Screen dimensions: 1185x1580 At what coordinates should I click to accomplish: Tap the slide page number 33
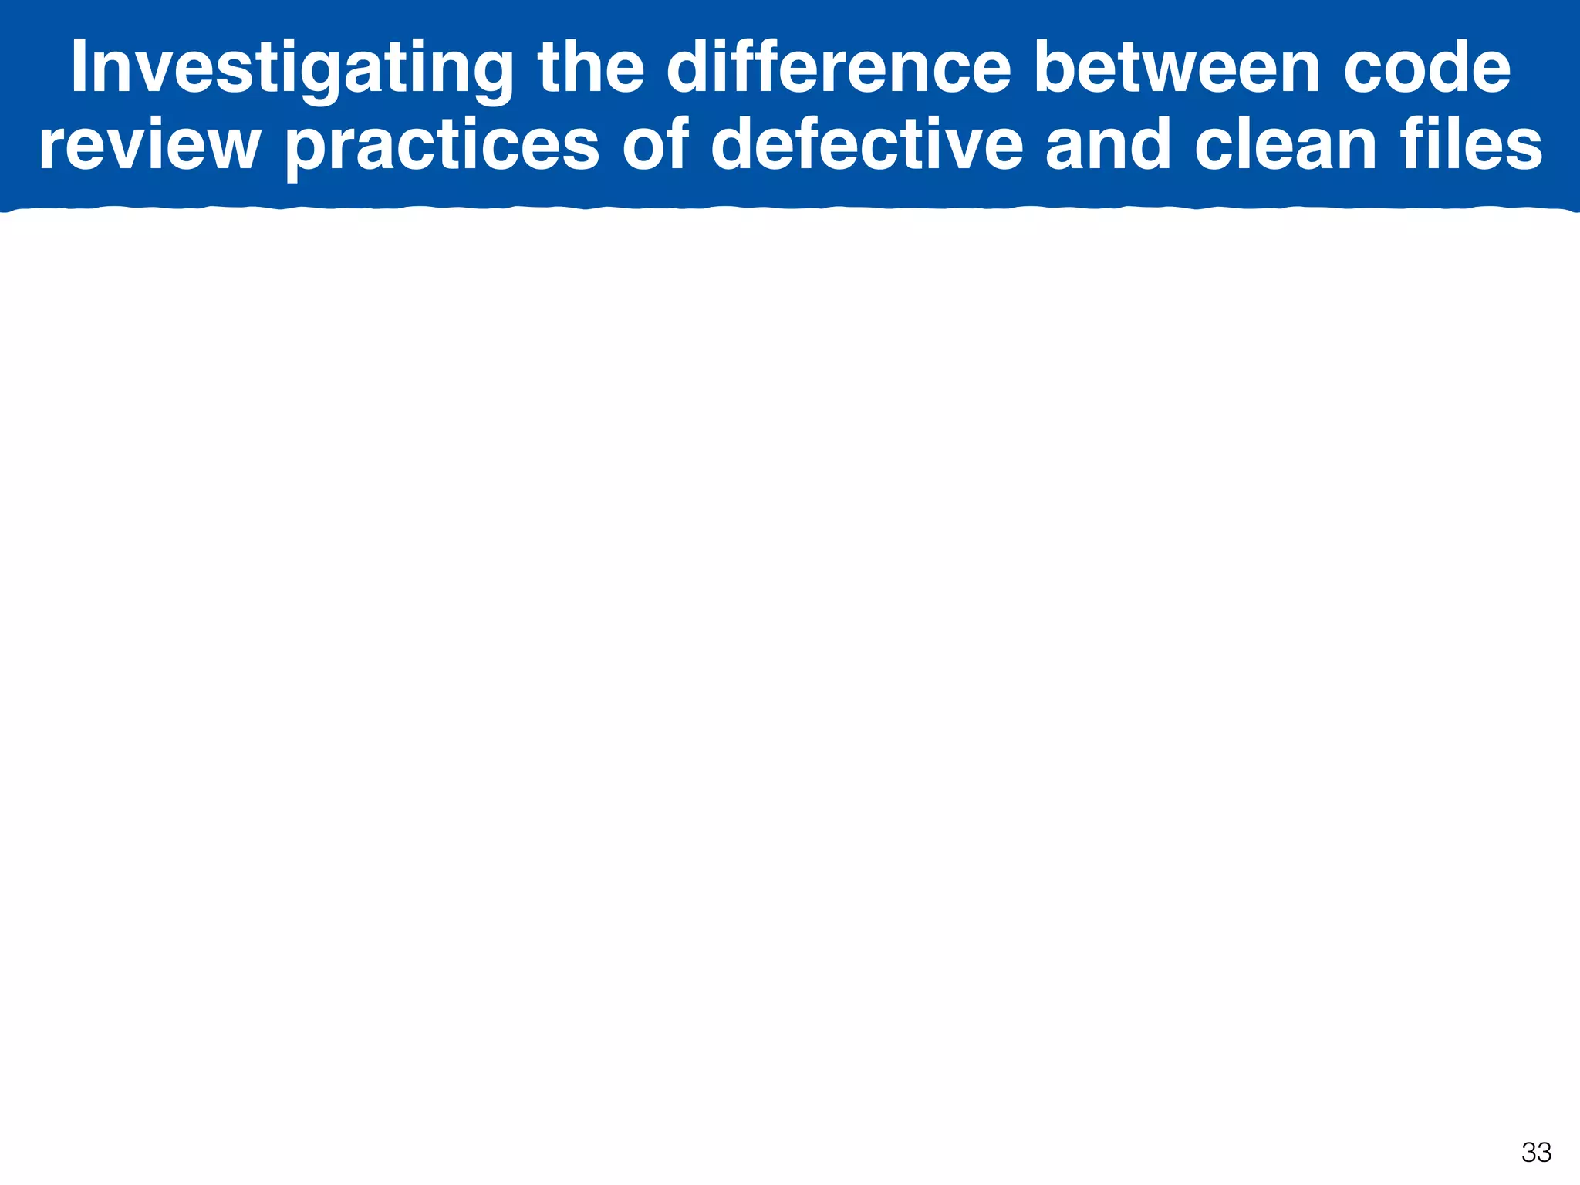(x=1536, y=1153)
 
